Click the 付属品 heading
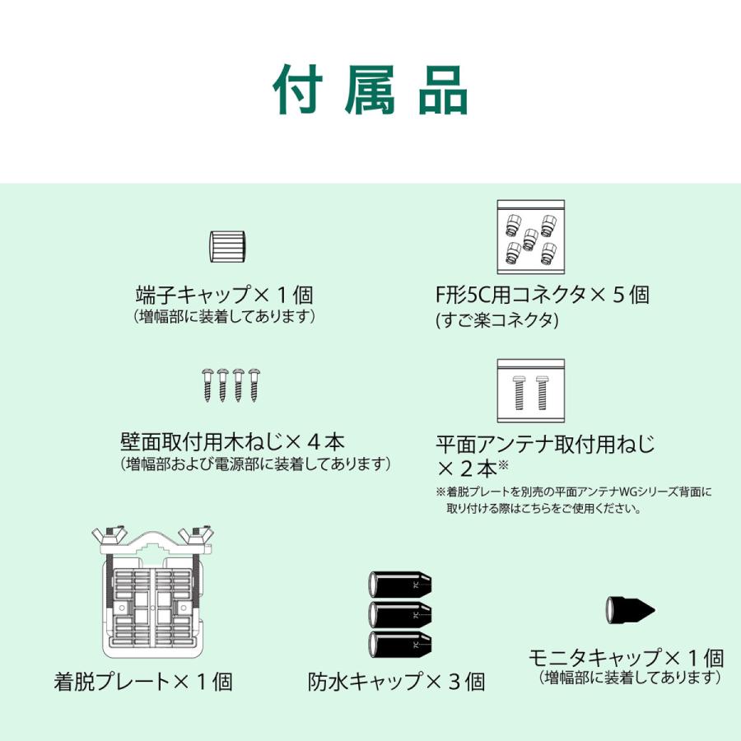click(370, 90)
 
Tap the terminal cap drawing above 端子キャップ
click(227, 247)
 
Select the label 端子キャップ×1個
click(225, 295)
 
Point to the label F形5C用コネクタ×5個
click(543, 295)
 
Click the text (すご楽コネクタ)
click(497, 320)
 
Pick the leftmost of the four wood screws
click(207, 385)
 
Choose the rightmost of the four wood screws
click(254, 385)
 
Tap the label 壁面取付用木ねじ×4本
click(232, 442)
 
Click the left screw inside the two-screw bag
click(520, 393)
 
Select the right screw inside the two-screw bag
click(542, 393)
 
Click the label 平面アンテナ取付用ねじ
click(545, 445)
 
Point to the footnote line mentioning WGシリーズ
click(574, 492)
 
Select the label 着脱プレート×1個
click(143, 682)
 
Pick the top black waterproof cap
click(400, 585)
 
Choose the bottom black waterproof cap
click(400, 645)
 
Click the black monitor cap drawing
click(630, 610)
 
